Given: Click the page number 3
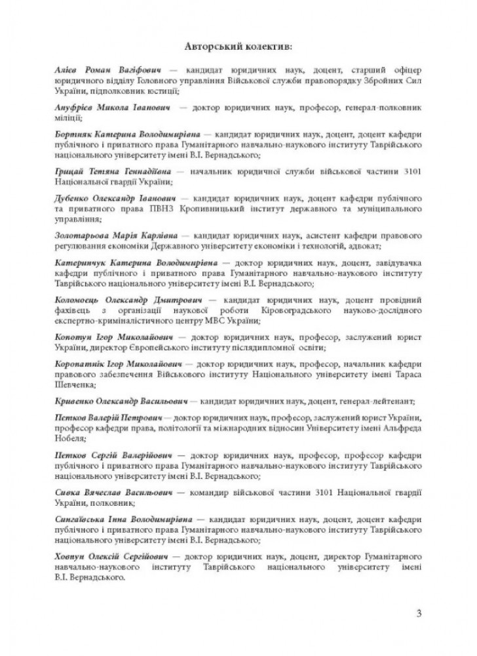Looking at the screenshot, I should pos(418,613).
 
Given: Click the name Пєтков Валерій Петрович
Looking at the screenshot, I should pos(111,418).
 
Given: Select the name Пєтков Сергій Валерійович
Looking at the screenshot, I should pos(115,455).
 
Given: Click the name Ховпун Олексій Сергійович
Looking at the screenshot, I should pos(116,556).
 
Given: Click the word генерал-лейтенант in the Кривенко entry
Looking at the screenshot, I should pos(375,400).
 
